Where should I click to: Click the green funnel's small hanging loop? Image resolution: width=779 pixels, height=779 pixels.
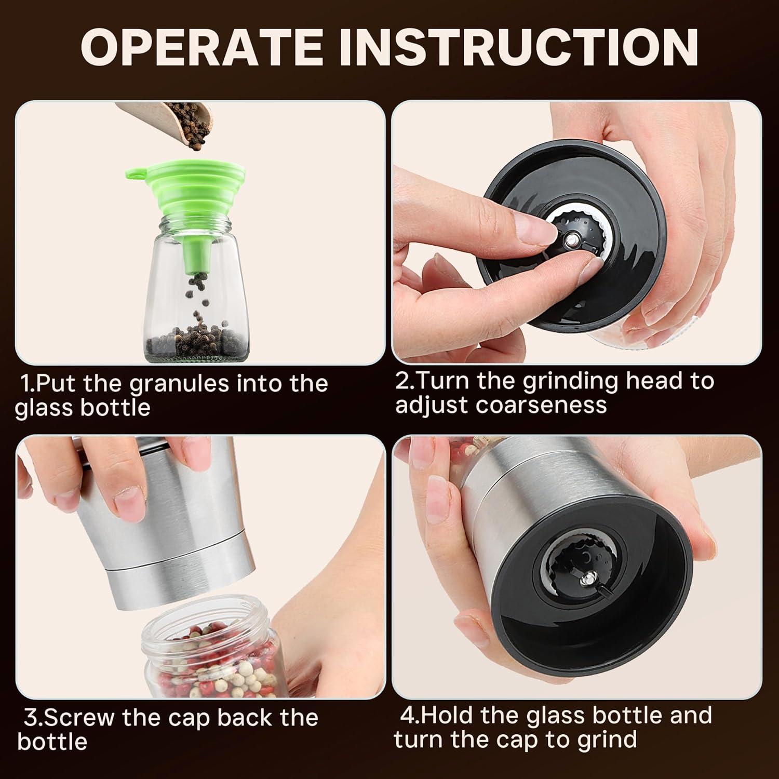(132, 172)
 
